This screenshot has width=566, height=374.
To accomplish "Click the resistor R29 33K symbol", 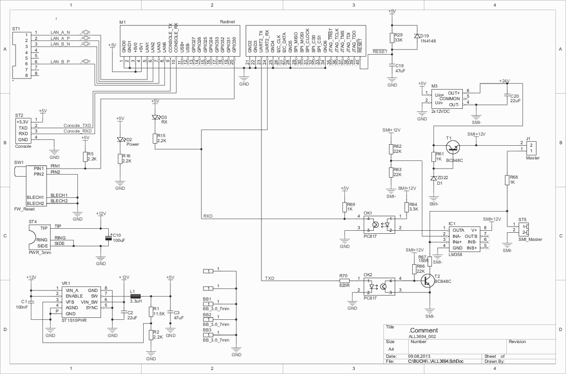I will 392,37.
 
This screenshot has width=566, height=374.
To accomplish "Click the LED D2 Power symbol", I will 120,139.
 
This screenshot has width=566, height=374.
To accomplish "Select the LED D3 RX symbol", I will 155,117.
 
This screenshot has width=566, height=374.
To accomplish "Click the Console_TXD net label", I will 77,125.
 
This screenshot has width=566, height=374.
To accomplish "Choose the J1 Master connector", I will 531,147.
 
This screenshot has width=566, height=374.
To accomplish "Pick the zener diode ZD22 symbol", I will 433,178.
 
